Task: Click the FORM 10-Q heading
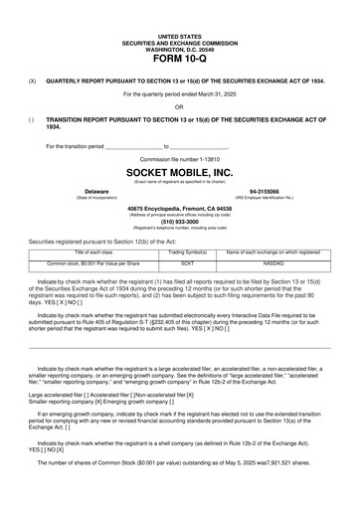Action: (x=179, y=59)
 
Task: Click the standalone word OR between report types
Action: (x=179, y=106)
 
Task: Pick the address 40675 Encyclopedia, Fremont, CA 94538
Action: (x=179, y=208)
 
